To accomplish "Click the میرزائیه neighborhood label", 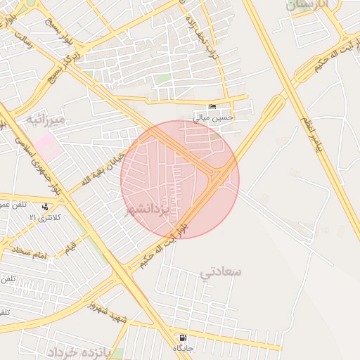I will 45,120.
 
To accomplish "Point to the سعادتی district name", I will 220,271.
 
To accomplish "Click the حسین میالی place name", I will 213,117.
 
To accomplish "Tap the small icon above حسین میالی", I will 213,106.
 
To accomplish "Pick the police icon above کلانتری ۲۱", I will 46,207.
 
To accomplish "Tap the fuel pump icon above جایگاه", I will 184,337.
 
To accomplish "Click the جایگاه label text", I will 184,349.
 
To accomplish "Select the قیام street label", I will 71,247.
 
